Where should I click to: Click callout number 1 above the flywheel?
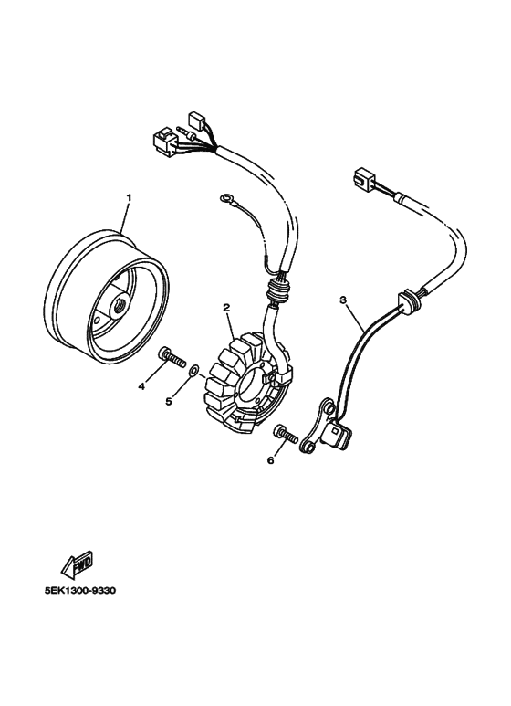(x=129, y=197)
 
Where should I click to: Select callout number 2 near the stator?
(x=226, y=308)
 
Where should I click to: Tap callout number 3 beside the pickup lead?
(x=343, y=300)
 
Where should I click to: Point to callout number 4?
(x=141, y=385)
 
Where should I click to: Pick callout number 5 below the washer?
(x=169, y=401)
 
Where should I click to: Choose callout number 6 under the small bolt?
(x=270, y=460)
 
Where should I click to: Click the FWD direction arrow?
(x=78, y=564)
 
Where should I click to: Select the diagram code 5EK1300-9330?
(x=80, y=590)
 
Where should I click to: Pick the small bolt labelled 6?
(x=286, y=433)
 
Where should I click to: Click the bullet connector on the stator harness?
(x=187, y=132)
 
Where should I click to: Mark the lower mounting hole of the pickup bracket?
(x=308, y=447)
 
